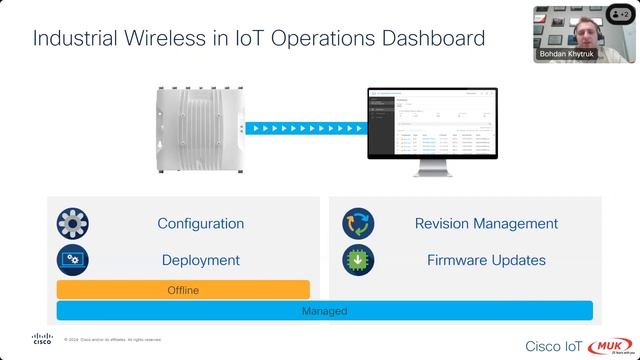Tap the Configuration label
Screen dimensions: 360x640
pos(200,223)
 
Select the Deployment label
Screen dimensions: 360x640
pos(200,260)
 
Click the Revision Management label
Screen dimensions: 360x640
pos(486,223)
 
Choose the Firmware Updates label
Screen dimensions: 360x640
pos(486,260)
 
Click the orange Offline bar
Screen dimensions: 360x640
pos(183,290)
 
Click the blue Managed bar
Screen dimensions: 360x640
pos(324,311)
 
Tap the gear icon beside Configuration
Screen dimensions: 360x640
pos(74,223)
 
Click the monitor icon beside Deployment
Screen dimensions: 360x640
pos(74,260)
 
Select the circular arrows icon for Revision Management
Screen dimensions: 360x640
pos(358,223)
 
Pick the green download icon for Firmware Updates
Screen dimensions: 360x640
pos(358,260)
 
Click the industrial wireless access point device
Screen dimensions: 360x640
pos(198,127)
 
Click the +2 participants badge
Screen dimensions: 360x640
pos(621,15)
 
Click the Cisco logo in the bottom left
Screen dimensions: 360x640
pos(42,339)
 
